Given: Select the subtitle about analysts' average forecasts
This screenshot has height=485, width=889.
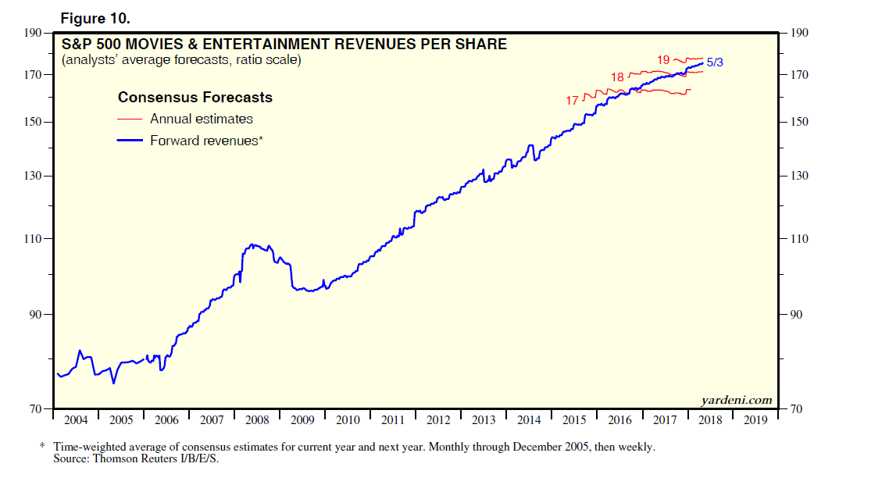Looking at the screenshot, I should [x=181, y=60].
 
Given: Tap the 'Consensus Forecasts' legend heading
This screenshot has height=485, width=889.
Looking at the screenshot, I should [x=195, y=98].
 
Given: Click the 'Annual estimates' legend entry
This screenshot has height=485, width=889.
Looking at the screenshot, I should [x=201, y=119].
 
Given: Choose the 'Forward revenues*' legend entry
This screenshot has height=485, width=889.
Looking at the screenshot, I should [x=205, y=141].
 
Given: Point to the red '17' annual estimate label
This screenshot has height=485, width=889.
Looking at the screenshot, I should [x=573, y=101].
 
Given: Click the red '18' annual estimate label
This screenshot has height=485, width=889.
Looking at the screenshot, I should [x=617, y=77].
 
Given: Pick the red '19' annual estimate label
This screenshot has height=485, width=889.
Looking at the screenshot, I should [x=663, y=59].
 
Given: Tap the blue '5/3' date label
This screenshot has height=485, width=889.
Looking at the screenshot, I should [x=715, y=62].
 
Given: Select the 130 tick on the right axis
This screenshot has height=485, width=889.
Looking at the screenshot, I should [x=799, y=177].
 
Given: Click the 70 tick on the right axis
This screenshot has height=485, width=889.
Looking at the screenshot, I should [x=796, y=409].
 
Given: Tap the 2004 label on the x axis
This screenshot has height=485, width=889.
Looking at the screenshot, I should [x=76, y=420].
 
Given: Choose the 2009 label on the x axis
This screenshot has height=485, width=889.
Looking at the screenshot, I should [x=302, y=420].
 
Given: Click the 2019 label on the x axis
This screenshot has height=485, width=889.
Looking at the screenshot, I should [x=755, y=420].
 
